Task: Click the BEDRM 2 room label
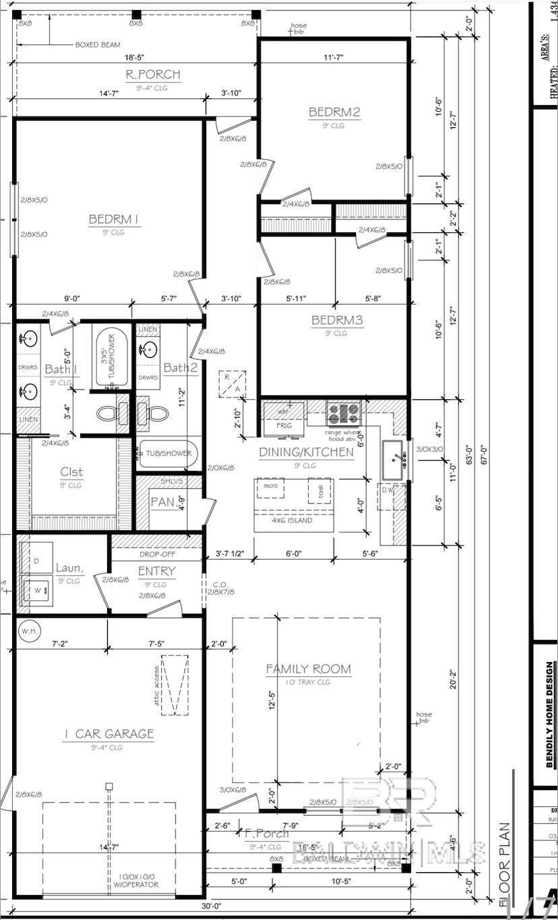(x=334, y=112)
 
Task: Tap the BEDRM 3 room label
(x=336, y=321)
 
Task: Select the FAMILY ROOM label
(x=308, y=669)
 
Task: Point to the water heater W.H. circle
(x=29, y=631)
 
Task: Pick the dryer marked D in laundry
(x=37, y=561)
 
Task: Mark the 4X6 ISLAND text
(x=293, y=520)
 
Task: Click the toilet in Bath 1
(x=108, y=413)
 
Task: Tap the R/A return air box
(x=231, y=384)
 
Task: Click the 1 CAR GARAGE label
(x=108, y=733)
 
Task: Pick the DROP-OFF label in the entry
(x=156, y=554)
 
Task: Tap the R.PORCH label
(x=153, y=75)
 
